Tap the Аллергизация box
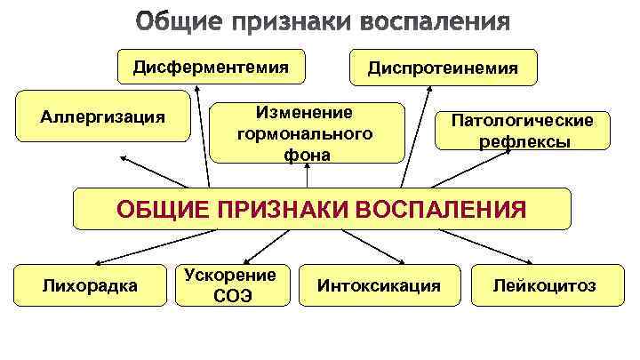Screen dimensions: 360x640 click(103, 116)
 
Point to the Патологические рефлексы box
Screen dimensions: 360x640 click(524, 130)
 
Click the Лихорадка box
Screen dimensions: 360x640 click(91, 285)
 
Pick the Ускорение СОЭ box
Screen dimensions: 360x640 click(232, 285)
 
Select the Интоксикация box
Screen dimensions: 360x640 click(379, 285)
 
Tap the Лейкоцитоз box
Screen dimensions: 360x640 click(545, 285)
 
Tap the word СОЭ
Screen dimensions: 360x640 click(232, 296)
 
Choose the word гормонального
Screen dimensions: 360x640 click(306, 134)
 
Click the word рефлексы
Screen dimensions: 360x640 click(524, 141)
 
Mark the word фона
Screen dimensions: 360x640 click(306, 155)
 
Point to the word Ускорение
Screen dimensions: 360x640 click(232, 275)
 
